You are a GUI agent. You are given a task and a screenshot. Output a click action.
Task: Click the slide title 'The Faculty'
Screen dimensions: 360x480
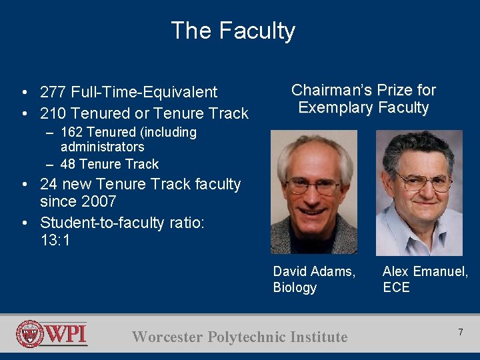[233, 31]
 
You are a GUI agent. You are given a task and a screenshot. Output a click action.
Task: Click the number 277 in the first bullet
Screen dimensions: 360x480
[51, 92]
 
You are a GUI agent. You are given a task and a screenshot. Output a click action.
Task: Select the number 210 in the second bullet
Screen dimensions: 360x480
[51, 113]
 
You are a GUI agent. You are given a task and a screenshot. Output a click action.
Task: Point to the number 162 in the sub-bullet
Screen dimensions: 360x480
[73, 132]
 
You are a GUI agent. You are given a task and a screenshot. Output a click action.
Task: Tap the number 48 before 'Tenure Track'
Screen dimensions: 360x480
[68, 164]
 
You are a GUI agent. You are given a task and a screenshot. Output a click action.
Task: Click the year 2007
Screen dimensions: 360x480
[97, 201]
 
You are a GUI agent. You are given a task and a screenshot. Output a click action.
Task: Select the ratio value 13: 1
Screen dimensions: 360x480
[55, 240]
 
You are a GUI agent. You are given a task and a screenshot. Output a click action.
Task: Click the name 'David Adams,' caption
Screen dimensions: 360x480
[314, 271]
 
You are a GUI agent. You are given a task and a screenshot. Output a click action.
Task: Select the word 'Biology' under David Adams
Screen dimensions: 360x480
[295, 287]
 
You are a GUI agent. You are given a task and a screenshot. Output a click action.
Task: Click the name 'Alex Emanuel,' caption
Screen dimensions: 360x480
[425, 271]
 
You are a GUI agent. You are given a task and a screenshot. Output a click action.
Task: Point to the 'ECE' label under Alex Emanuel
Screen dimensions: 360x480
[396, 287]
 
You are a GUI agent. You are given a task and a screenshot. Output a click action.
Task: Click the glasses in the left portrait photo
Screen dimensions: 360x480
[313, 186]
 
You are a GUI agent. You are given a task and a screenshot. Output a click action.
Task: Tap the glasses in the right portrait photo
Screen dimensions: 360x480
[423, 180]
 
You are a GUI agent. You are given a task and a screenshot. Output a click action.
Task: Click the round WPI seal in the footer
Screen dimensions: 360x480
[30, 334]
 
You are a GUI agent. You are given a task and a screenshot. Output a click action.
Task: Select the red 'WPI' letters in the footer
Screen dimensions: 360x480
[66, 333]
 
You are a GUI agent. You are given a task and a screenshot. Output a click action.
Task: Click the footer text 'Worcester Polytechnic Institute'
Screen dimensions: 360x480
[240, 337]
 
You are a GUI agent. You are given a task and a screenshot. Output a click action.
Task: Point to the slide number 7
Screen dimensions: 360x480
[459, 332]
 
